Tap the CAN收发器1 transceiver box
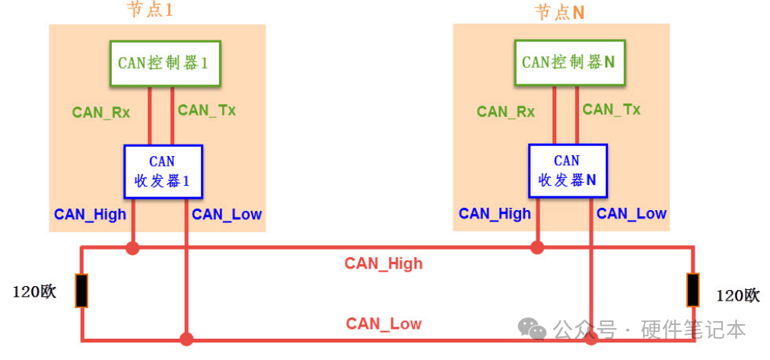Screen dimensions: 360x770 click(163, 171)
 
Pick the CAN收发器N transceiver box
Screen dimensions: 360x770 click(568, 171)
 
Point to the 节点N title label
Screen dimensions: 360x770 click(559, 12)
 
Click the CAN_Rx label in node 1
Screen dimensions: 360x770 click(101, 113)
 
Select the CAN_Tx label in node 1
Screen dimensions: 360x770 click(207, 110)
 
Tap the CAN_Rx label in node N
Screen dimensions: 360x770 click(506, 112)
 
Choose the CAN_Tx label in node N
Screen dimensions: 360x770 click(612, 110)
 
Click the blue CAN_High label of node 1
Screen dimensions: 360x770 click(90, 215)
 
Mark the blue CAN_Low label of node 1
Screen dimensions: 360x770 click(227, 215)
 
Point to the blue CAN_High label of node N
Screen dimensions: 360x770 click(495, 214)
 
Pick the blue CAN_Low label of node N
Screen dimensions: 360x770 click(632, 214)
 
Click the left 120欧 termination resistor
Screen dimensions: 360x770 click(81, 291)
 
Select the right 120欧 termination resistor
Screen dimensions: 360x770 click(693, 290)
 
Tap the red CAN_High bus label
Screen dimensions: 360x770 click(383, 264)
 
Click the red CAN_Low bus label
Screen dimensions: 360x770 click(383, 324)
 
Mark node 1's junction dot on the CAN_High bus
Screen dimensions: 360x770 click(133, 247)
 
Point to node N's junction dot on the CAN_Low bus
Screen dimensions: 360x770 click(591, 339)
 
